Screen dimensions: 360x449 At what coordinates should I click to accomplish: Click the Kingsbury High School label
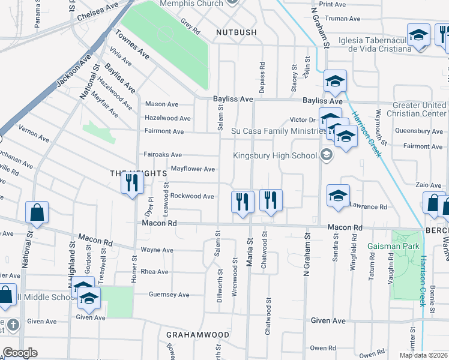[275, 156]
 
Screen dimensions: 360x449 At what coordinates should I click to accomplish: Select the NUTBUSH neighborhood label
[237, 32]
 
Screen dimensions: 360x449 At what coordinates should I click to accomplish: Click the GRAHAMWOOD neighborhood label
[197, 334]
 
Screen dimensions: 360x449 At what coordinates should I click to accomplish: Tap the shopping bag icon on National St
[37, 214]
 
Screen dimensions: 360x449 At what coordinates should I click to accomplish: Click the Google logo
[20, 353]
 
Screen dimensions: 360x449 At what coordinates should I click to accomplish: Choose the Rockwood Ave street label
[192, 196]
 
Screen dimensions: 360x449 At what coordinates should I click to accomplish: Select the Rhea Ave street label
[154, 272]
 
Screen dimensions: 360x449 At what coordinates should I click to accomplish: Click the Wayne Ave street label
[157, 250]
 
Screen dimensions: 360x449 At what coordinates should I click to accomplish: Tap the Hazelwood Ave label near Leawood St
[168, 118]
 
